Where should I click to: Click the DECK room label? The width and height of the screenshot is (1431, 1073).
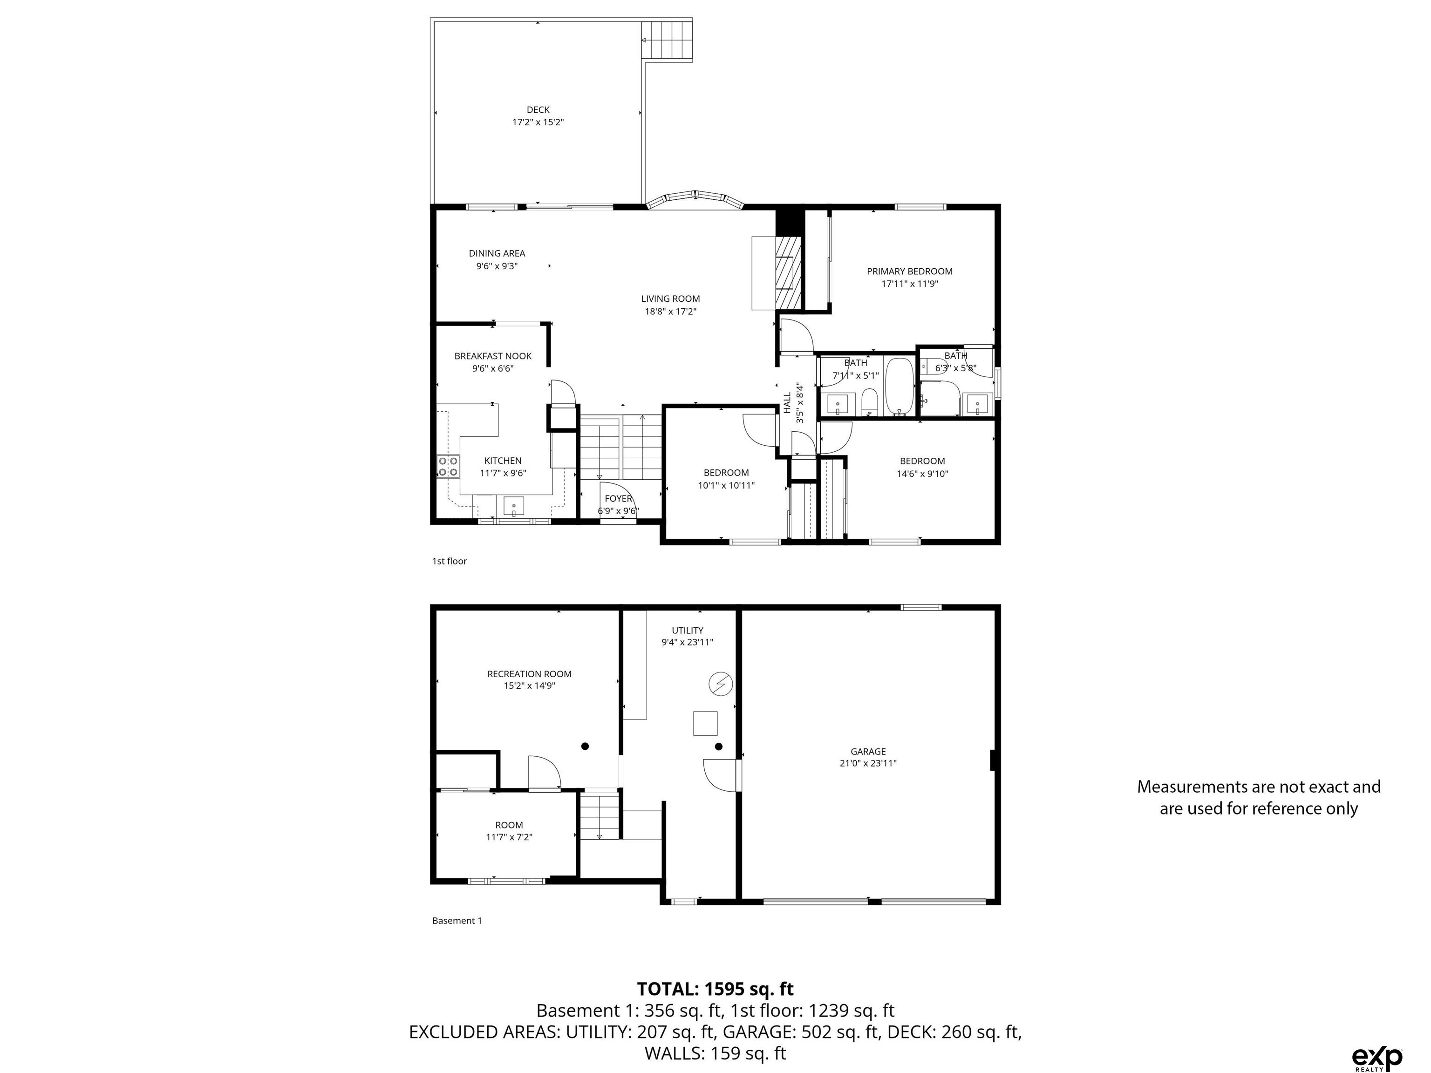tap(538, 110)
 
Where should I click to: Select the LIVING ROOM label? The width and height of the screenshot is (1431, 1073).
tap(670, 299)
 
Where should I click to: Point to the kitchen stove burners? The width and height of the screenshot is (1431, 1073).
tap(448, 466)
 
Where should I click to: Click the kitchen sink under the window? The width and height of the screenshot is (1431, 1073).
tap(514, 505)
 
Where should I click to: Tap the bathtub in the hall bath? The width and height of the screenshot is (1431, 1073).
tap(899, 386)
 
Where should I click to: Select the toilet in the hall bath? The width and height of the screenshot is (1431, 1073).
tap(869, 403)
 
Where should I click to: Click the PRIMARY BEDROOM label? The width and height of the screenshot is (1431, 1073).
tap(910, 272)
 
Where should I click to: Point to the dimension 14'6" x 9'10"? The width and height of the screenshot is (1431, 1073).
tap(922, 474)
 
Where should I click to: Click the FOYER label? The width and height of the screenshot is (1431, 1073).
tap(618, 499)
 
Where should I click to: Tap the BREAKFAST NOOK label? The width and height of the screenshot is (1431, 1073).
tap(493, 356)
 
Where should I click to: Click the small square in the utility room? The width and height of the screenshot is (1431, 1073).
tap(705, 723)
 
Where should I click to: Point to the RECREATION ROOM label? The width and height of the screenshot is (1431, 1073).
tap(529, 674)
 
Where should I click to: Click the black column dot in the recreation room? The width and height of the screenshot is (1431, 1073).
tap(585, 747)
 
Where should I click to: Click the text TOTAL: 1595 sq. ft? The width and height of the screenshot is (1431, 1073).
tap(715, 989)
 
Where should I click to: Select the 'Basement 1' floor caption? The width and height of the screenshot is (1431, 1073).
tap(457, 920)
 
